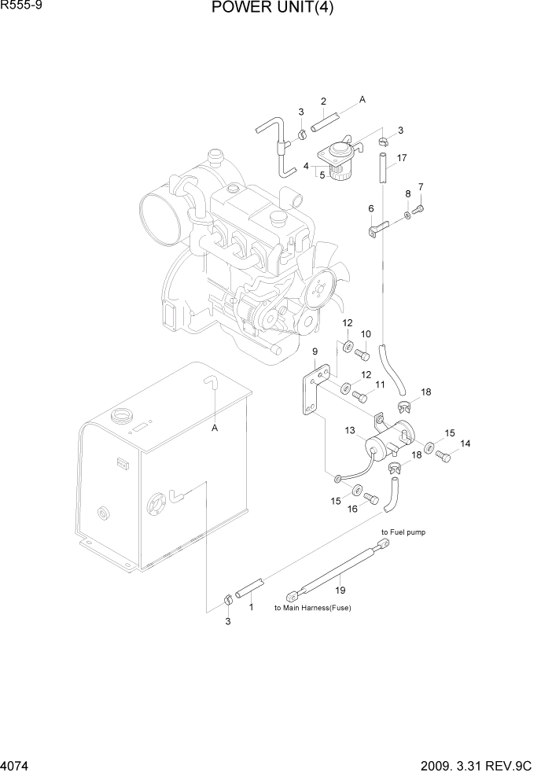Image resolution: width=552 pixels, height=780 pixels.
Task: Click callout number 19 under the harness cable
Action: pos(340,590)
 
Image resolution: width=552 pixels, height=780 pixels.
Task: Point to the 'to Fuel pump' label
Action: pos(403,532)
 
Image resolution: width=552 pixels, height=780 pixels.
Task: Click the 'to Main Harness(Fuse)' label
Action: pos(312,608)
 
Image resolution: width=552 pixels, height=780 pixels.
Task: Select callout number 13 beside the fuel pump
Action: pos(350,430)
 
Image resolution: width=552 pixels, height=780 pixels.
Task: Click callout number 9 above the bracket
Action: pos(315,351)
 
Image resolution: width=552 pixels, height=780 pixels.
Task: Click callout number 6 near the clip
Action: pos(370,208)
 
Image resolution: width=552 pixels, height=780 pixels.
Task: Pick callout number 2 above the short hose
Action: pos(323,101)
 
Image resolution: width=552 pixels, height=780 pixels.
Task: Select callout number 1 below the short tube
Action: pos(251,607)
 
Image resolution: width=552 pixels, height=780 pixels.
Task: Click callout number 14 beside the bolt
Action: pos(466,444)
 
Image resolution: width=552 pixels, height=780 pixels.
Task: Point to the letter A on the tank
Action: pos(214,429)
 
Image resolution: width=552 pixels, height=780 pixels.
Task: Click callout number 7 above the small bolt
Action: pos(421,187)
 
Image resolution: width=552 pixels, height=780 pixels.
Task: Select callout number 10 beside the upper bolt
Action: pos(365,334)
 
